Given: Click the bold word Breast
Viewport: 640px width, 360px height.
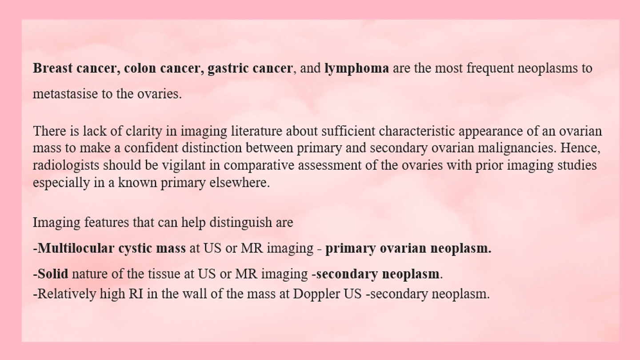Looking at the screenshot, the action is (x=52, y=68).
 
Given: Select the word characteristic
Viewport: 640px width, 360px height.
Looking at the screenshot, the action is (x=417, y=131).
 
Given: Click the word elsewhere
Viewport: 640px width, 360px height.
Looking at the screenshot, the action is (x=240, y=183).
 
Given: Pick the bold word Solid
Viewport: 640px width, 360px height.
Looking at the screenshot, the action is (x=53, y=274).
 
